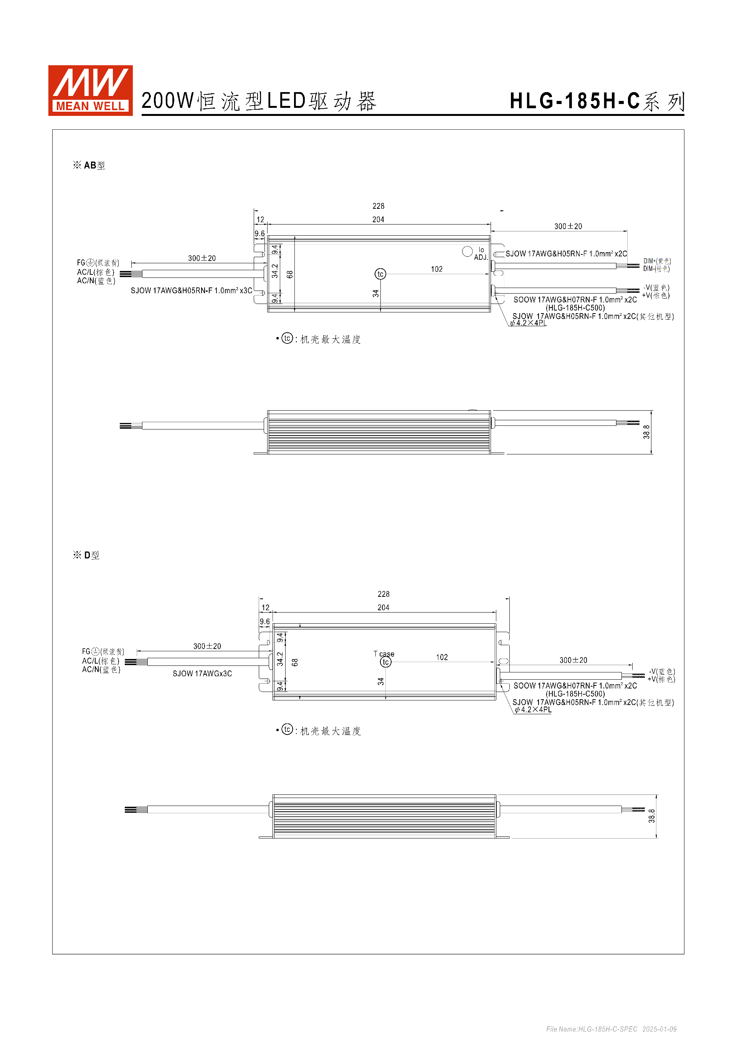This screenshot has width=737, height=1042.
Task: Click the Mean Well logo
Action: tap(90, 90)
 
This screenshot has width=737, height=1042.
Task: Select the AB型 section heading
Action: tap(89, 165)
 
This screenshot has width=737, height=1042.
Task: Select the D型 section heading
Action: tap(86, 555)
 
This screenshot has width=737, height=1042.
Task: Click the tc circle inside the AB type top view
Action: tap(380, 274)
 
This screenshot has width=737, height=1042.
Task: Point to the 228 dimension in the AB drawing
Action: tap(378, 206)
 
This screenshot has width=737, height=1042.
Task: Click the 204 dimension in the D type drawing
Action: tap(383, 607)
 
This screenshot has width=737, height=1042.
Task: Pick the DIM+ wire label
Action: tap(657, 261)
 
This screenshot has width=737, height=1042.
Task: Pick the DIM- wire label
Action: tap(656, 269)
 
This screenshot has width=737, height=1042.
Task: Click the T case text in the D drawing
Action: tap(384, 654)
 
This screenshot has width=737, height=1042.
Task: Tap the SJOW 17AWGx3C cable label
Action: tap(202, 674)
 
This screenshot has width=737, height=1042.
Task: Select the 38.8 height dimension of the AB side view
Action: tap(646, 432)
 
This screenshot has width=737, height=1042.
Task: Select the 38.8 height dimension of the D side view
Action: tap(652, 816)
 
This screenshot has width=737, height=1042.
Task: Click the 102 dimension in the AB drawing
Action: tap(436, 269)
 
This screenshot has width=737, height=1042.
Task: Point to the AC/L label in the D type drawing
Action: tap(100, 661)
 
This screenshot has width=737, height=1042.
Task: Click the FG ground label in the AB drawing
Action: tap(97, 263)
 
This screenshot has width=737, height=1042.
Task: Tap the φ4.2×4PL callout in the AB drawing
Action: tap(528, 323)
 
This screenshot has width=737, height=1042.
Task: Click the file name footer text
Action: tap(611, 1029)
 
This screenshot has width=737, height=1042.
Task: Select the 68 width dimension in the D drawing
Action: tap(295, 662)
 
